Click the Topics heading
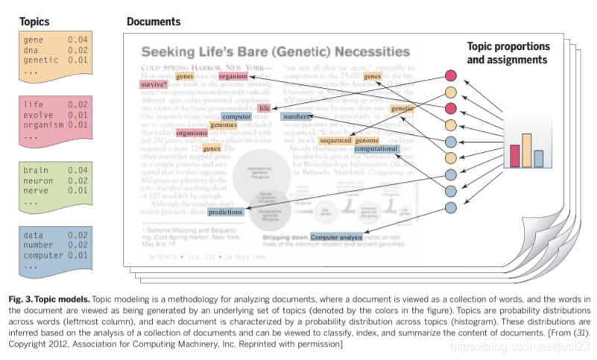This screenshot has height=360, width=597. (36, 22)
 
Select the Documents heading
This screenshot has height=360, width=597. (154, 22)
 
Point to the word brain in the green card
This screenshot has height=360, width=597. (35, 170)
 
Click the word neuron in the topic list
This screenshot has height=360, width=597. (38, 180)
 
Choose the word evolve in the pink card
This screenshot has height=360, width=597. (38, 115)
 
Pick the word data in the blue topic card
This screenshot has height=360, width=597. (33, 235)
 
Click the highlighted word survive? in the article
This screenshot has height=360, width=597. (153, 85)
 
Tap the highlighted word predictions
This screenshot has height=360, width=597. (226, 212)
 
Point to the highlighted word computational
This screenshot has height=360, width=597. (376, 149)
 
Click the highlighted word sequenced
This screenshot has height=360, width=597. (335, 141)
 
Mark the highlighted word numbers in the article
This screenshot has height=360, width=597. (296, 117)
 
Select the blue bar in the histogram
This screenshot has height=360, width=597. (538, 158)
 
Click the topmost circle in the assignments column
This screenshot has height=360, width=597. (451, 75)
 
